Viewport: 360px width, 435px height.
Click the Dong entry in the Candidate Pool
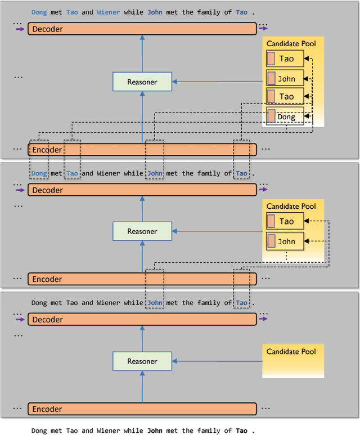tap(285, 117)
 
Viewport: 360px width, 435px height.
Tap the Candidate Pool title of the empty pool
tap(291, 352)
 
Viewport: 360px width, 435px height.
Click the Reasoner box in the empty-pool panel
tap(142, 361)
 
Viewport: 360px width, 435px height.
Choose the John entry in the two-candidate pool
tap(285, 241)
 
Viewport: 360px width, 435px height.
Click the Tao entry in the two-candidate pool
tap(285, 222)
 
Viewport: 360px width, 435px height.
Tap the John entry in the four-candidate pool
tap(285, 79)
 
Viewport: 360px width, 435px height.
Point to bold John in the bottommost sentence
tap(155, 430)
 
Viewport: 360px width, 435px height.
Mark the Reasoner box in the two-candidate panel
tap(142, 231)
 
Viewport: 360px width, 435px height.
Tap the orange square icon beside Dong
tap(272, 116)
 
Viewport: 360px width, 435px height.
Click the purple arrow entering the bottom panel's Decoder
tap(21, 320)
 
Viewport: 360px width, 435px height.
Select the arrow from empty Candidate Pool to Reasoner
tap(217, 361)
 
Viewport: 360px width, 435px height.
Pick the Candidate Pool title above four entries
tap(291, 43)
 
